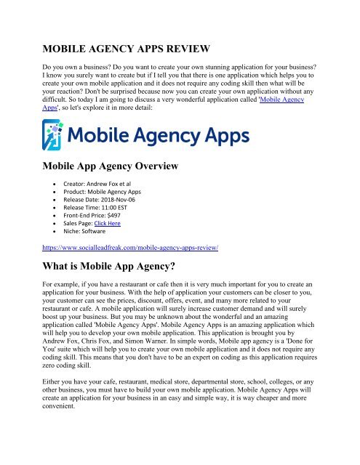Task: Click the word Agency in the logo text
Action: (159, 137)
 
